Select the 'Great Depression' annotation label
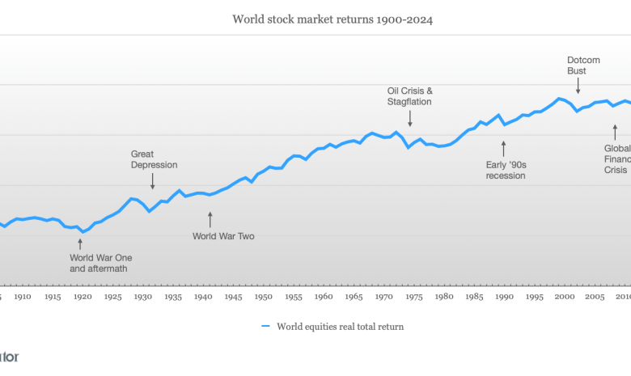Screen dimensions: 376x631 tap(154, 159)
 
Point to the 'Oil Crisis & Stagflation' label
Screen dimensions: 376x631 tap(410, 96)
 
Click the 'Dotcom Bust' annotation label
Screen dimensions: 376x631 tap(577, 65)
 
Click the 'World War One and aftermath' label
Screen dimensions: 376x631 tap(99, 263)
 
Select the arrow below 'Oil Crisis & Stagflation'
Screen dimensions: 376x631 tap(410, 118)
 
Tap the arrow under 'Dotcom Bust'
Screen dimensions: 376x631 tap(578, 86)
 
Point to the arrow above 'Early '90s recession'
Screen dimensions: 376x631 tap(503, 148)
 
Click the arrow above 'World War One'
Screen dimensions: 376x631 tap(80, 243)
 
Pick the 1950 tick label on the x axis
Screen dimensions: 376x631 tap(263, 297)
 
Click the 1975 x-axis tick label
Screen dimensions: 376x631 tap(413, 297)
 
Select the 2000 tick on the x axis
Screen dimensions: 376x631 tap(565, 297)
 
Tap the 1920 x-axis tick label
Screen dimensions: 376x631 tap(83, 297)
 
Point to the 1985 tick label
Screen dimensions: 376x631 tap(474, 297)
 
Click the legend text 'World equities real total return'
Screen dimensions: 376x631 tap(341, 327)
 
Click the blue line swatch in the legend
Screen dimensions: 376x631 tap(265, 327)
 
